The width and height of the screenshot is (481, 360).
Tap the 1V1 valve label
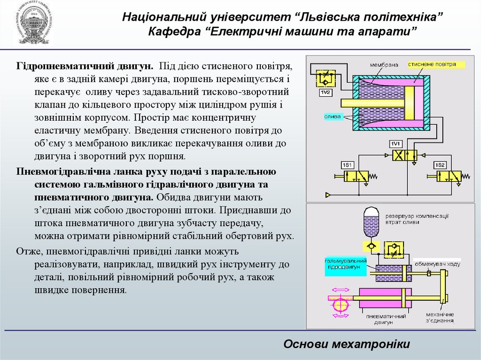pyautogui.click(x=395, y=144)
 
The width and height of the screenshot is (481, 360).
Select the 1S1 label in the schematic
pyautogui.click(x=347, y=165)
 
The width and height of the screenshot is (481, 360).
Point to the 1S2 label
pyautogui.click(x=440, y=165)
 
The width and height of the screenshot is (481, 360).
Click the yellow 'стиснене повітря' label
pyautogui.click(x=432, y=64)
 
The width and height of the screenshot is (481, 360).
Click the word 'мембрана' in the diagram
pyautogui.click(x=384, y=64)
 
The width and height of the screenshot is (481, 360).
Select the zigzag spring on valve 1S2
pyautogui.click(x=466, y=176)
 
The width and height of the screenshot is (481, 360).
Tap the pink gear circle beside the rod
pyautogui.click(x=339, y=304)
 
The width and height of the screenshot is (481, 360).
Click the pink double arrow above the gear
pyautogui.click(x=339, y=289)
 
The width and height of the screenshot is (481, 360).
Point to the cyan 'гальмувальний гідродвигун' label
pyautogui.click(x=345, y=263)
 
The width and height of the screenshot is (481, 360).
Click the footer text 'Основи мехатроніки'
pyautogui.click(x=347, y=344)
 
